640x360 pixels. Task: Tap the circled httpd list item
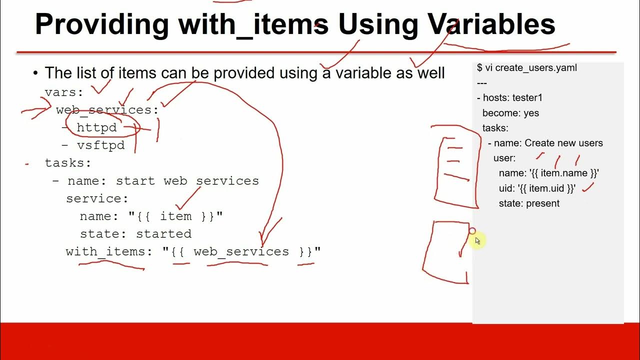[x=96, y=127]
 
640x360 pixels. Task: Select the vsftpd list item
[x=100, y=145]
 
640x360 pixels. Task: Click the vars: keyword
[x=64, y=92]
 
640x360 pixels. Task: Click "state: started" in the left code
[x=135, y=234]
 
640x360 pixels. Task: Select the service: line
[x=97, y=198]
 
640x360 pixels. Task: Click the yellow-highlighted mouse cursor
[x=476, y=240]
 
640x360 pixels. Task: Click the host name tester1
[x=527, y=97]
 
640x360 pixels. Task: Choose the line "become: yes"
[x=510, y=113]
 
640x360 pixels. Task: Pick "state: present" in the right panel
[x=529, y=203]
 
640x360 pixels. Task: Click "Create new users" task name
[x=563, y=143]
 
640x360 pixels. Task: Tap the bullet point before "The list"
[x=35, y=73]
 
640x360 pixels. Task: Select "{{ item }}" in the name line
[x=175, y=216]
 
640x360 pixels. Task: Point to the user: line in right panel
[x=504, y=158]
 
